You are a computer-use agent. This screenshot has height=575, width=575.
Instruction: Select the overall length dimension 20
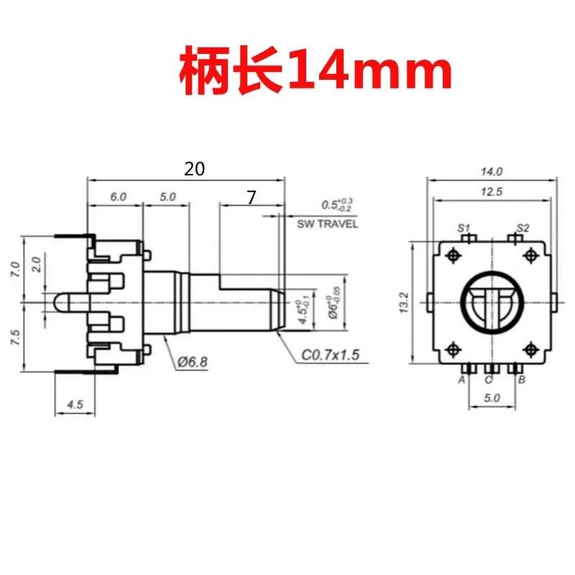click(x=195, y=169)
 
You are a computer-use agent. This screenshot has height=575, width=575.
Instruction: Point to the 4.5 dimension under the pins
click(x=75, y=405)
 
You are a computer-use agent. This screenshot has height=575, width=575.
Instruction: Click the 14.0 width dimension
click(x=492, y=171)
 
